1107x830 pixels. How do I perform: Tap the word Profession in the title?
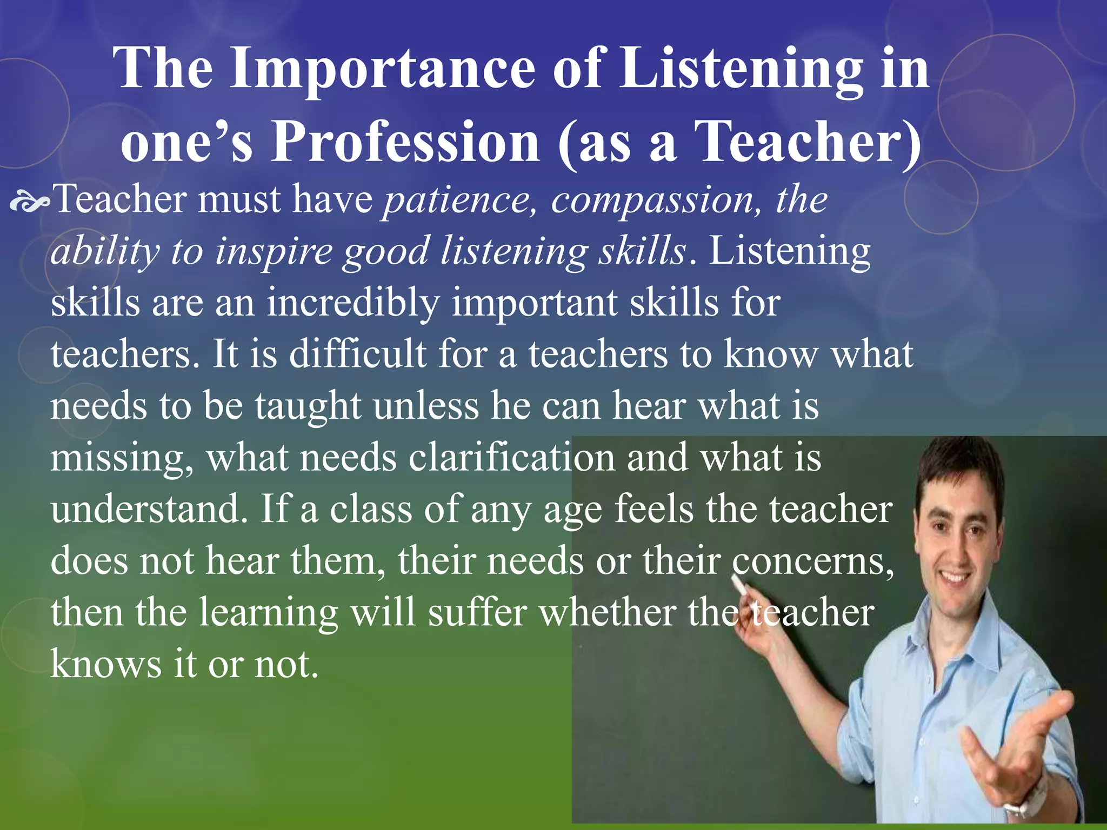coord(405,142)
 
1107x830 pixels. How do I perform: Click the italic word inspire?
coord(274,252)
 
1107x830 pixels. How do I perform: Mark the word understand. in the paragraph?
coord(149,509)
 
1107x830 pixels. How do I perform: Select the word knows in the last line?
coord(106,664)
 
